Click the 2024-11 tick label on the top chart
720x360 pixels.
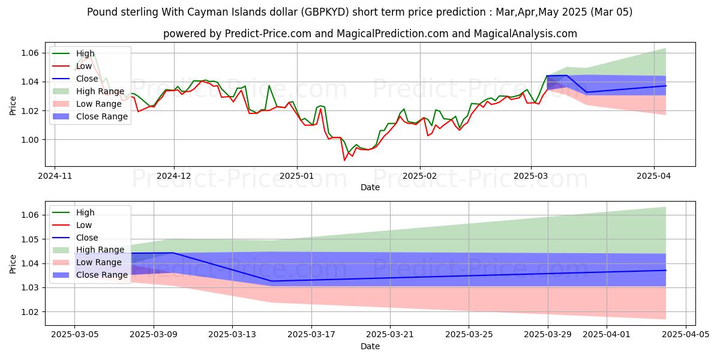(x=55, y=177)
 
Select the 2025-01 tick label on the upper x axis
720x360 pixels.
(x=296, y=177)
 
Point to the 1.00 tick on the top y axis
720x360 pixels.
(x=30, y=140)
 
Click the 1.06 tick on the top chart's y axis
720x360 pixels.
(x=30, y=53)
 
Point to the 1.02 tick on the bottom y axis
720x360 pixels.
(x=30, y=312)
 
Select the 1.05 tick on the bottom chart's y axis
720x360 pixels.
(x=30, y=239)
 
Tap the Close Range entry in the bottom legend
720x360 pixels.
(x=102, y=275)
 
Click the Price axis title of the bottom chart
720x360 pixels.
(x=13, y=264)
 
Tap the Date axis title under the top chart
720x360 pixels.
(x=370, y=187)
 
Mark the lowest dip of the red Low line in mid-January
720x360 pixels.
(x=344, y=160)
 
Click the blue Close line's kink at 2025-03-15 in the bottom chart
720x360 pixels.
(x=271, y=281)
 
